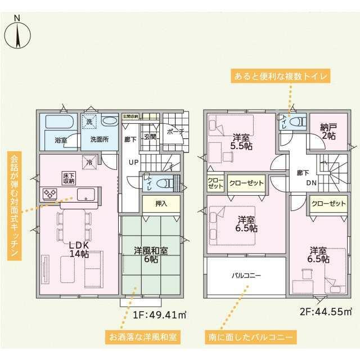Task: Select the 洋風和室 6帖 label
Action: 151,254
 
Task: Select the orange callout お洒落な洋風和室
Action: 143,337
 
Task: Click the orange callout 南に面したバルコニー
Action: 248,337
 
